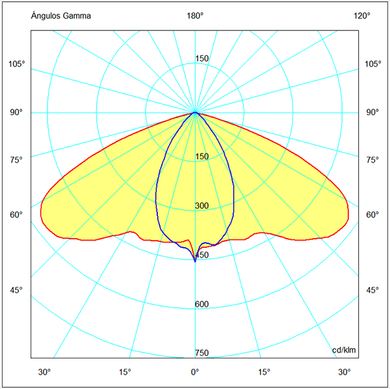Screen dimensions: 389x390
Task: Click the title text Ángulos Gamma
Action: click(x=61, y=16)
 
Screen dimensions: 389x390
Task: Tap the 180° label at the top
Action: click(x=196, y=16)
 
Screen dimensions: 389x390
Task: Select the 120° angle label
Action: click(x=362, y=16)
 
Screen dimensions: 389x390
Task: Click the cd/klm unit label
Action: click(x=344, y=351)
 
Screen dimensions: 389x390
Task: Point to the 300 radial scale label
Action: click(x=202, y=206)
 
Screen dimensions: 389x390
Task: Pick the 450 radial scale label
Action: click(x=202, y=256)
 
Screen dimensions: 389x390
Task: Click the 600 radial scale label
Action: click(x=202, y=304)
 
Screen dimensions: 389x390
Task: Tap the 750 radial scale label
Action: click(x=202, y=353)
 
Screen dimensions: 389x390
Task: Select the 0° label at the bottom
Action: click(x=194, y=372)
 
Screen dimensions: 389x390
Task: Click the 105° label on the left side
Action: click(x=17, y=64)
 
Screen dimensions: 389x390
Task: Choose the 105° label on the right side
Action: click(x=373, y=64)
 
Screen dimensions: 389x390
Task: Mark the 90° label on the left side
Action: click(x=16, y=113)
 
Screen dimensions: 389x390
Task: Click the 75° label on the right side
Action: click(x=372, y=160)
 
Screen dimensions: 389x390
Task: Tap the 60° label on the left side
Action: click(x=16, y=215)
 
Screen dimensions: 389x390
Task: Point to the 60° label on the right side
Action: click(x=372, y=215)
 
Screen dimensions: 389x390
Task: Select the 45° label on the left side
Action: click(x=16, y=290)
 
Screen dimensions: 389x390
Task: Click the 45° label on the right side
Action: click(x=372, y=290)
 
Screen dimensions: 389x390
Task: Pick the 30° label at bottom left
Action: click(x=44, y=372)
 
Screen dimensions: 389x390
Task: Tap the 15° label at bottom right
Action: click(x=265, y=372)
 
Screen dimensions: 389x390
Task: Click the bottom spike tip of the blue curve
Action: click(x=195, y=261)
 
